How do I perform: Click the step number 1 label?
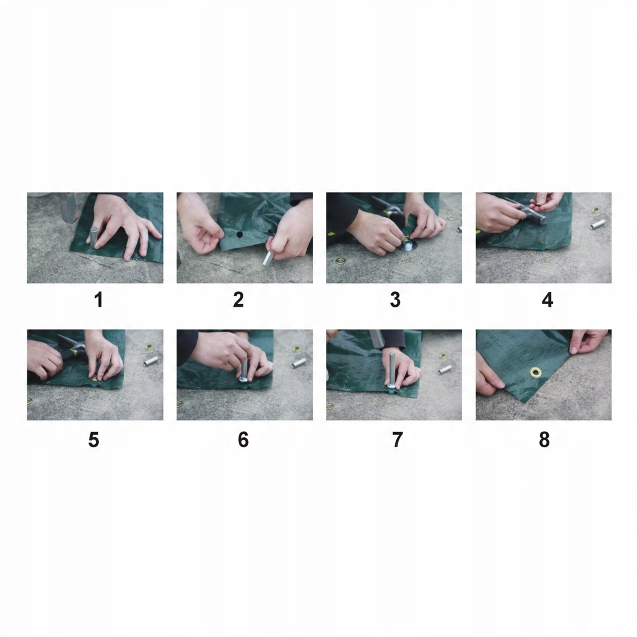click(98, 300)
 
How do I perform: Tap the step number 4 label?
click(547, 300)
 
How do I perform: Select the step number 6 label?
click(243, 440)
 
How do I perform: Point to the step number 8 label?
click(544, 440)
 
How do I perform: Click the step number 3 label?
click(395, 300)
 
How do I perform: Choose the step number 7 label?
click(398, 440)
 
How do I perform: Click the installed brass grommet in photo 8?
click(536, 371)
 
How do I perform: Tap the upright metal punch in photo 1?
click(94, 237)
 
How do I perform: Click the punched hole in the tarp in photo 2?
click(239, 235)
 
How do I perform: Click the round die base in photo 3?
click(407, 245)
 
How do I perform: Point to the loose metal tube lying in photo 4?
click(598, 224)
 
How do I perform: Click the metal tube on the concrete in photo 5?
click(151, 361)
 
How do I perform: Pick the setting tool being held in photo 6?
click(244, 371)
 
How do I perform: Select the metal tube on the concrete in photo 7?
click(445, 370)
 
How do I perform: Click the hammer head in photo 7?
click(376, 338)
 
